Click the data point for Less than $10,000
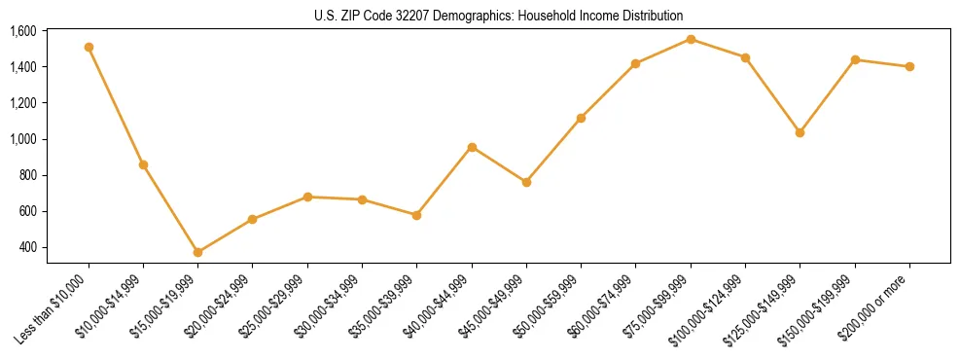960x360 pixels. click(89, 47)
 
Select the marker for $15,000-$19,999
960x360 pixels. click(197, 252)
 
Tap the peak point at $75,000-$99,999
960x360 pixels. click(691, 39)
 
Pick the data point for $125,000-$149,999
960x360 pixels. click(800, 132)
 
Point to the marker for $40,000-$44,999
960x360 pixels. click(472, 147)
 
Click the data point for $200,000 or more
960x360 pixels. click(909, 66)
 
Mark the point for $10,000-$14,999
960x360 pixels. click(143, 164)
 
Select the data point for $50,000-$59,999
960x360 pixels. click(581, 118)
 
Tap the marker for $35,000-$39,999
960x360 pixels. click(416, 215)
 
